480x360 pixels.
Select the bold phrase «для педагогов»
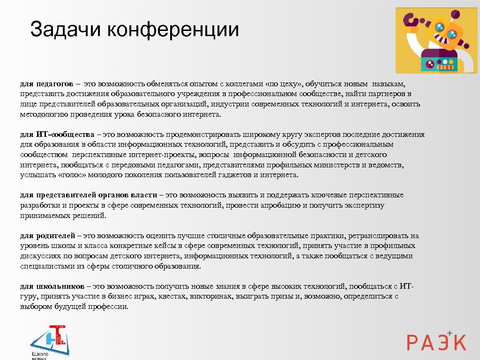[46, 83]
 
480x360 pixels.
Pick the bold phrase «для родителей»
[47, 236]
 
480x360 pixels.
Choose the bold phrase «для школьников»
[52, 286]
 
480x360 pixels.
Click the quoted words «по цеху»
[283, 83]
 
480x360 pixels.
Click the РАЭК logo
[436, 341]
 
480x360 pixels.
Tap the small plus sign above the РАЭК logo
[450, 332]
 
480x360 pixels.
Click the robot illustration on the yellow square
[436, 40]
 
